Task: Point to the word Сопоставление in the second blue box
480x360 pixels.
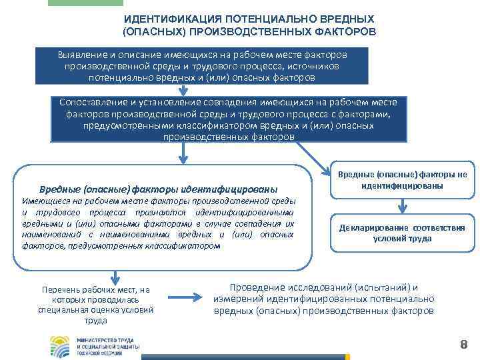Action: click(x=93, y=101)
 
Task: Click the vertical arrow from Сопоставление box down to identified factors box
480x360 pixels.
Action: click(x=180, y=155)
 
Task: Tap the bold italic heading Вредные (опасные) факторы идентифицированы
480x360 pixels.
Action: click(x=158, y=189)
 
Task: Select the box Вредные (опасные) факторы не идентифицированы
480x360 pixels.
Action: click(x=401, y=180)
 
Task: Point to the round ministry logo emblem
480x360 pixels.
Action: click(x=62, y=345)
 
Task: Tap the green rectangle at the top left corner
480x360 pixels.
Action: click(x=85, y=3)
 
